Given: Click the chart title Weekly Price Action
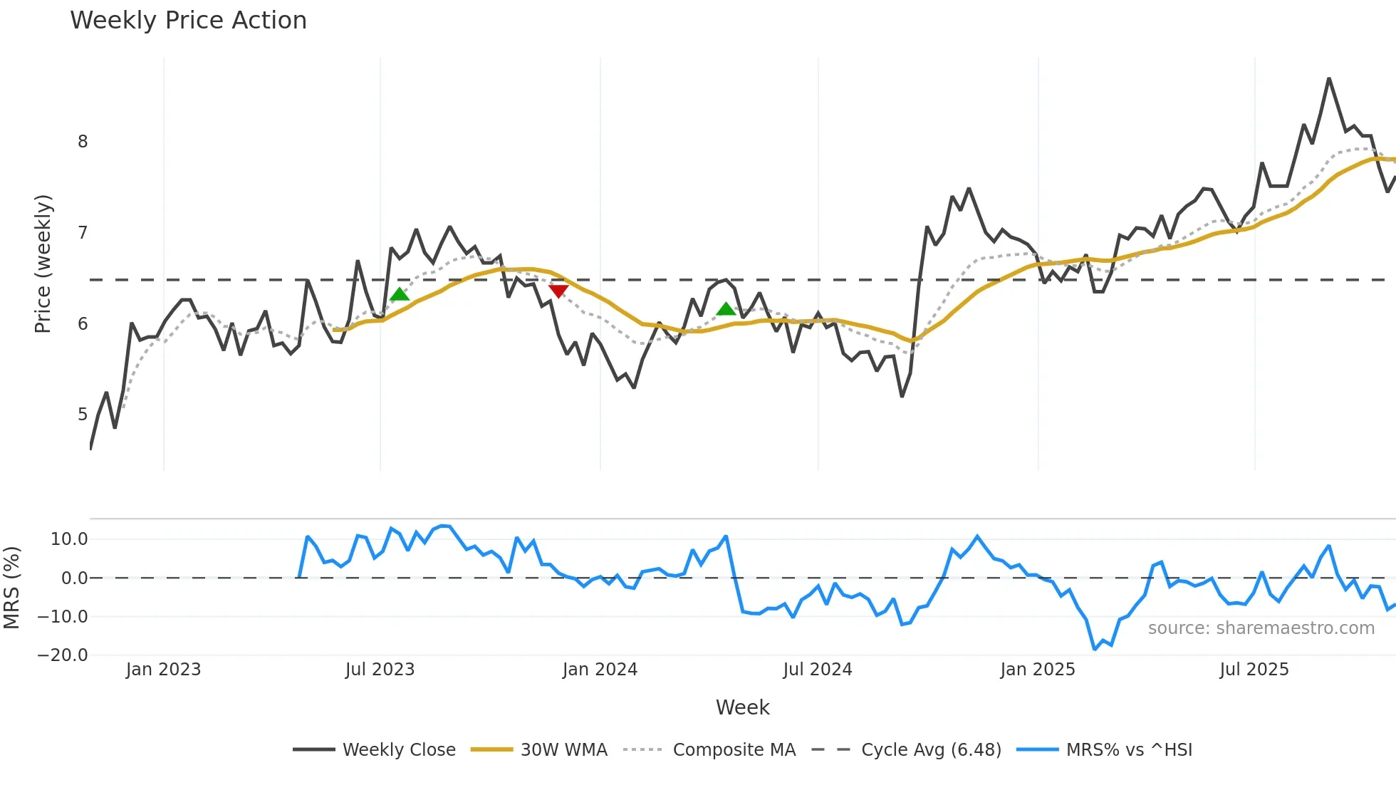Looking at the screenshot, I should click(188, 21).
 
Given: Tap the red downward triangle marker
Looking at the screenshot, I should click(558, 291).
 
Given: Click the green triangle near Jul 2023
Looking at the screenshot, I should click(400, 294).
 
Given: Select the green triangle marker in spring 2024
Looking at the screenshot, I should click(726, 309).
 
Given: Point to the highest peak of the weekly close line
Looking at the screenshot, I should click(1329, 79).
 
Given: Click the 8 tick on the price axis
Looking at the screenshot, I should click(83, 142).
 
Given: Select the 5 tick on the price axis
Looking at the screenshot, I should click(83, 415).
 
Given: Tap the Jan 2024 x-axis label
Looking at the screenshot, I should click(600, 670).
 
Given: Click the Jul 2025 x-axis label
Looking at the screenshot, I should click(1254, 670).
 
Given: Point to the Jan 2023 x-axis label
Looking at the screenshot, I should click(163, 670).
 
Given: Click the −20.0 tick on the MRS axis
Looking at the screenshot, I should click(63, 655).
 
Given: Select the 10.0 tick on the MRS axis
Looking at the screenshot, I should click(69, 539).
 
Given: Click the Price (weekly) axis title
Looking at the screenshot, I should click(43, 264).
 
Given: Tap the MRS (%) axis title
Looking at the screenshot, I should click(11, 588).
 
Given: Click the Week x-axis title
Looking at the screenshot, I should click(742, 707).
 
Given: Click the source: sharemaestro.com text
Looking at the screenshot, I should click(1261, 628).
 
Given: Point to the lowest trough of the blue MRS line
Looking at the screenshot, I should click(1095, 649).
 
